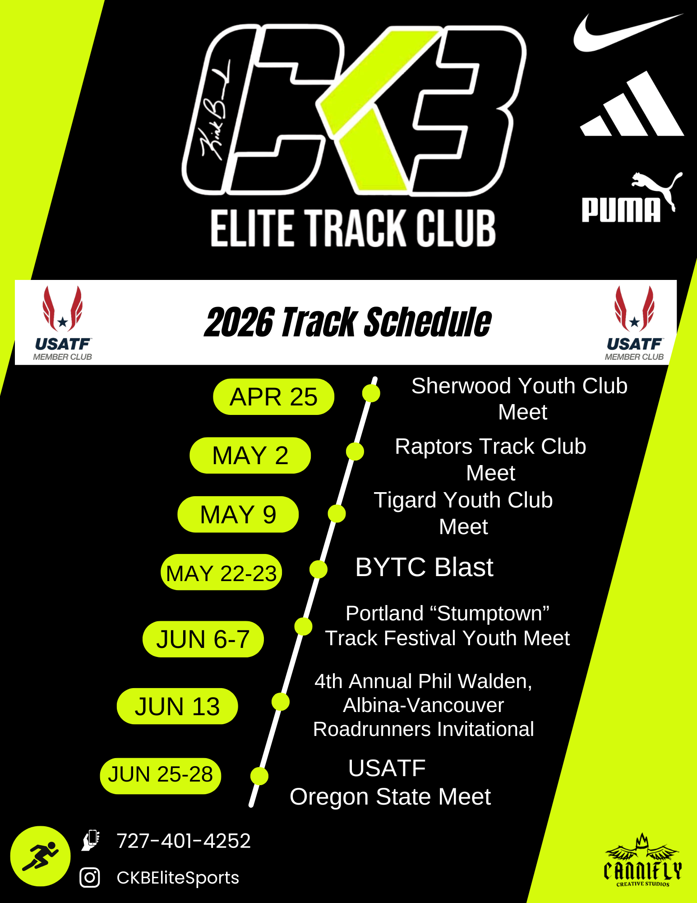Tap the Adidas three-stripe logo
[x=632, y=104]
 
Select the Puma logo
[x=632, y=197]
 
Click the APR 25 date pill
[x=273, y=397]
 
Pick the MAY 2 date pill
[x=250, y=455]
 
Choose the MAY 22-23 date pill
[x=221, y=573]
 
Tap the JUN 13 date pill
[x=177, y=706]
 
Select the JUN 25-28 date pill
[x=160, y=776]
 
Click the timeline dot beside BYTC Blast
[x=318, y=569]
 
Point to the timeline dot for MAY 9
[x=337, y=514]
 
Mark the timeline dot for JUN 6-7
[x=303, y=626]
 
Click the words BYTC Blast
[x=424, y=567]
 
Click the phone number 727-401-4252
[x=184, y=841]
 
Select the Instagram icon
[x=90, y=877]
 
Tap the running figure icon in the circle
[x=40, y=856]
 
